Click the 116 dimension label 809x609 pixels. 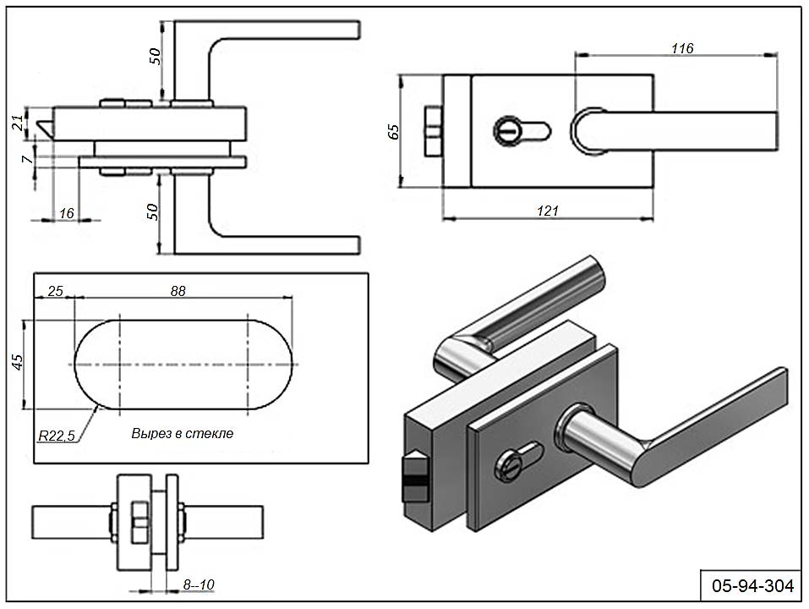681,48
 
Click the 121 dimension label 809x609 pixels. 548,211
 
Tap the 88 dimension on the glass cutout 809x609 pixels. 178,290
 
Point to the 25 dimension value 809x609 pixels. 55,290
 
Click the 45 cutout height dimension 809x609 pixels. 17,362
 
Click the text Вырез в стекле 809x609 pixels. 182,432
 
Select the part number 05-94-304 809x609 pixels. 751,584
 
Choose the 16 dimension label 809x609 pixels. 67,213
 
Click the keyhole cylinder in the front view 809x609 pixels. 521,131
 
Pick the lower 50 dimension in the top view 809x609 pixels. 155,211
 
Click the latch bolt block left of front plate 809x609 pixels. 432,131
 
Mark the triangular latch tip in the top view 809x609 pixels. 45,124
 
